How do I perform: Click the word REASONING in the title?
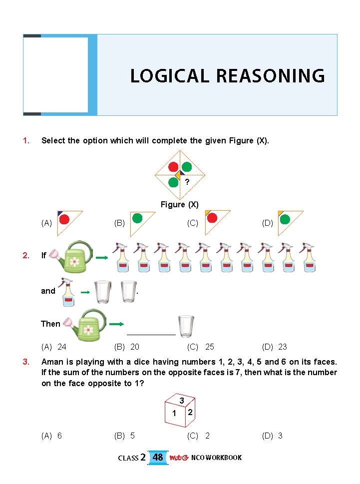click(271, 76)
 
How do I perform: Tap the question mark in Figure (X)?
click(187, 182)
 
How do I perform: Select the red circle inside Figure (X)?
click(173, 167)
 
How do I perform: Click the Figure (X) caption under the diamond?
click(180, 204)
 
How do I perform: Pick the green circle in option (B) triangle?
click(137, 218)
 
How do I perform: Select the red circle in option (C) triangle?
click(212, 218)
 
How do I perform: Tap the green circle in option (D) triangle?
click(285, 219)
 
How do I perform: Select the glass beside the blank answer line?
click(186, 326)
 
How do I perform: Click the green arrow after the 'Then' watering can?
click(116, 324)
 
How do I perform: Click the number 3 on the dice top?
click(182, 401)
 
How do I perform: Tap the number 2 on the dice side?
click(190, 413)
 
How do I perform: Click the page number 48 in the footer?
click(158, 457)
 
